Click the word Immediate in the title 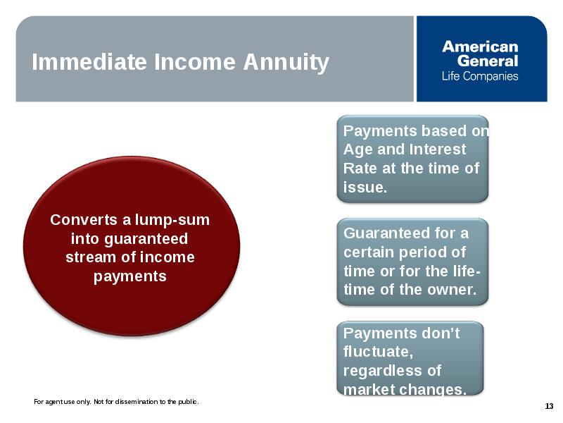click(89, 62)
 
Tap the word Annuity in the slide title click(286, 63)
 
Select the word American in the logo click(480, 47)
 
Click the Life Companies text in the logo click(480, 76)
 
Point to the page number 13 click(549, 407)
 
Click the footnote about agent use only click(116, 401)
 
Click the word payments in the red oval click(130, 276)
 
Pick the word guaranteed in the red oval click(146, 239)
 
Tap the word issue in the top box click(365, 187)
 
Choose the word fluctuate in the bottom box click(378, 351)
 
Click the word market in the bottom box click(368, 389)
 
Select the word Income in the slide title click(195, 62)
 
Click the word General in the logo click(488, 61)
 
